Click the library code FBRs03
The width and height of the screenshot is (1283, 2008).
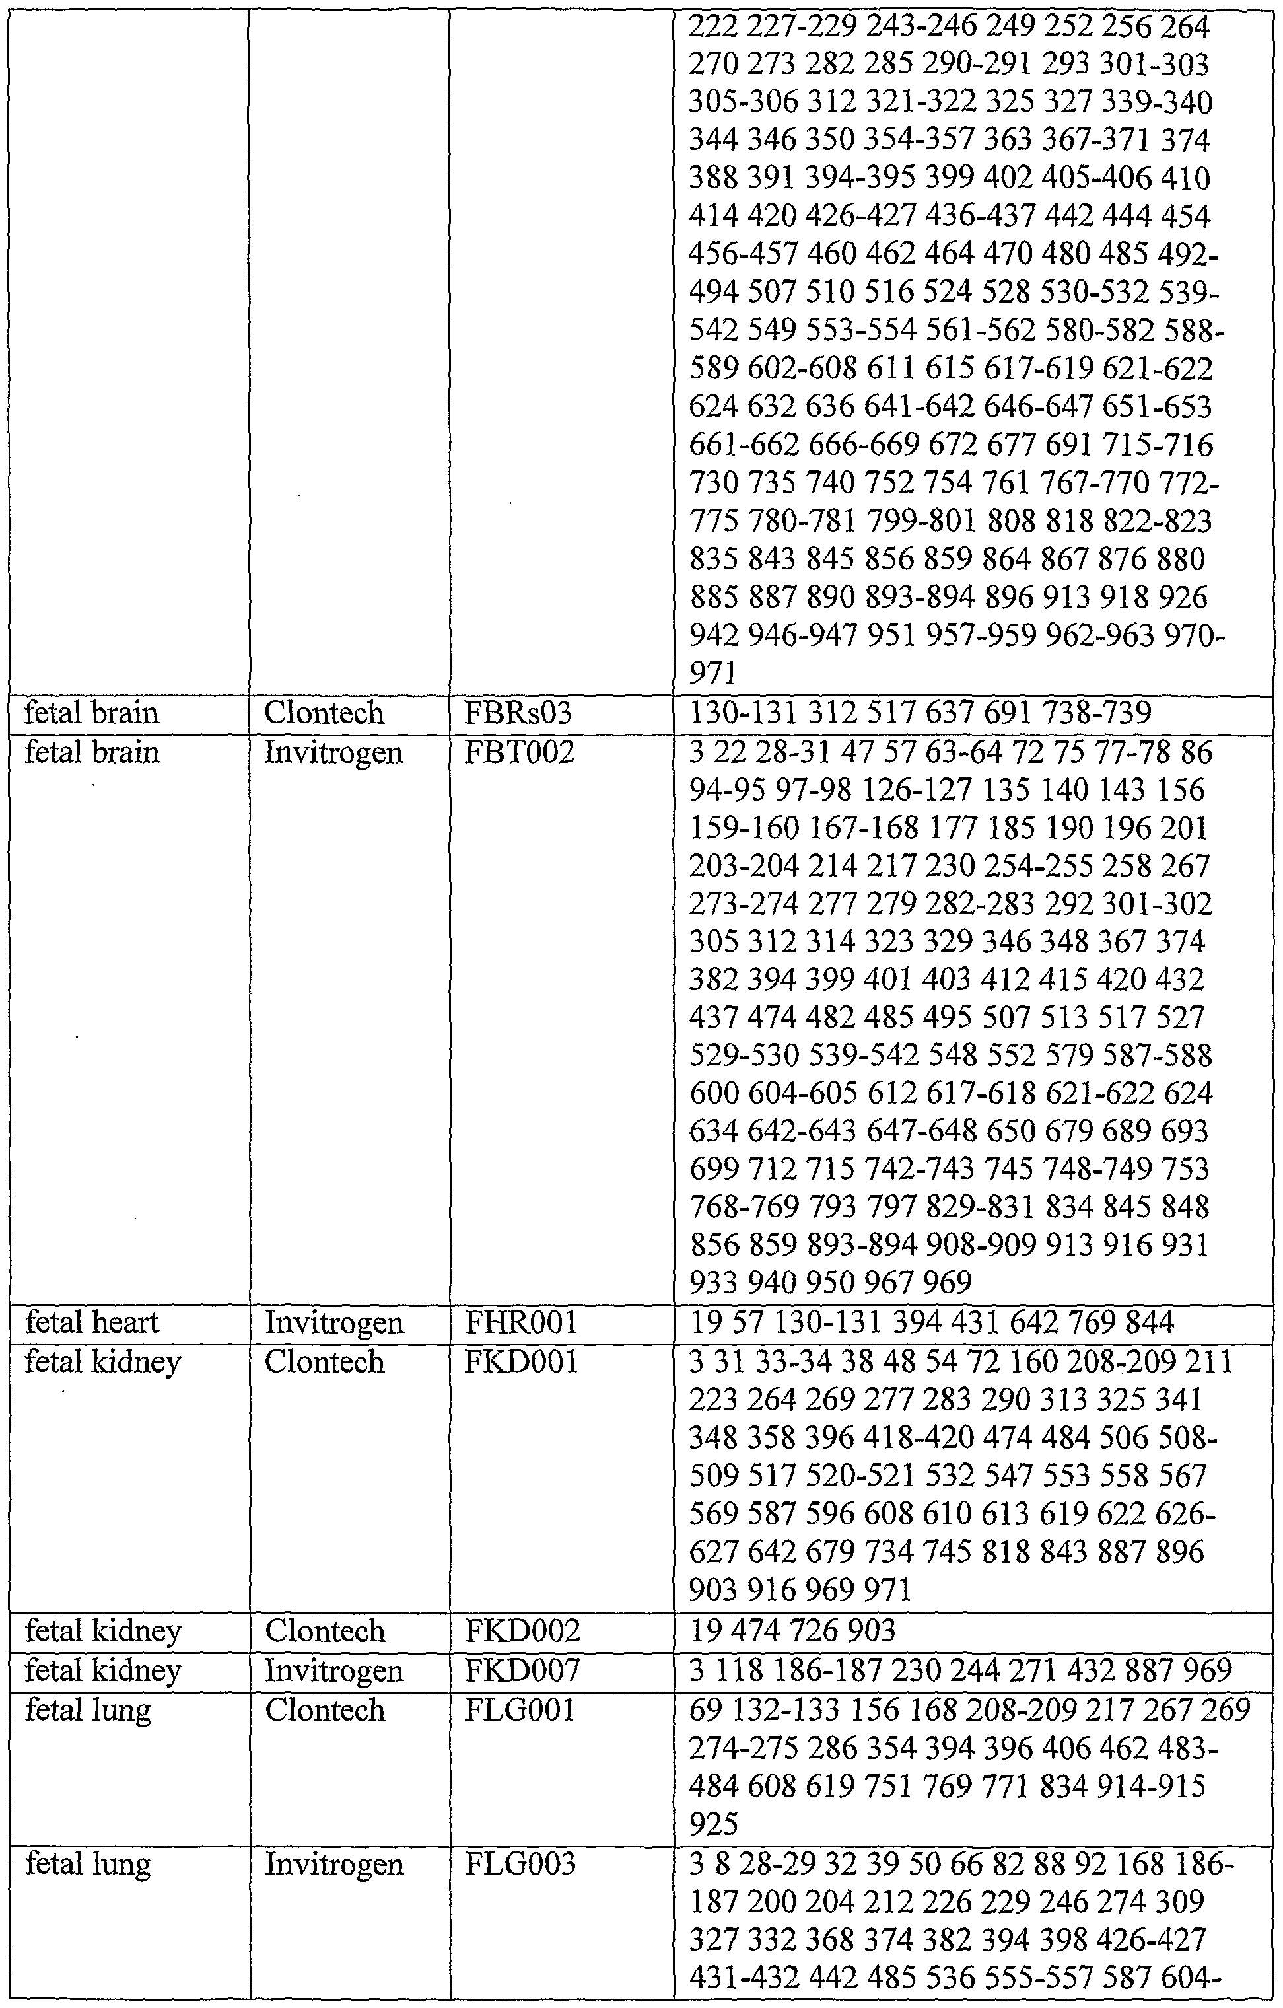pos(508,714)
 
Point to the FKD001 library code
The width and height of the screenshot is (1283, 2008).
pos(520,1363)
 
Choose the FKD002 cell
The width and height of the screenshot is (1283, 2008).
pos(522,1631)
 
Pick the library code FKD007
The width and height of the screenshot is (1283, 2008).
pos(522,1670)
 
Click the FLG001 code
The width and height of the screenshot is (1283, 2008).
pos(520,1710)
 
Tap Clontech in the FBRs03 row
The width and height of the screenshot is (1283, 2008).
pos(324,714)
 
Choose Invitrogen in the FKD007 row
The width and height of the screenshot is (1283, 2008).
pos(333,1670)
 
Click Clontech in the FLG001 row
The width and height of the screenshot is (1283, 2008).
pos(324,1710)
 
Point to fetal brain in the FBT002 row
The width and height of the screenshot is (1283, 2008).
pos(92,753)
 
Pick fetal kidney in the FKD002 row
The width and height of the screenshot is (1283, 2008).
pos(102,1631)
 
